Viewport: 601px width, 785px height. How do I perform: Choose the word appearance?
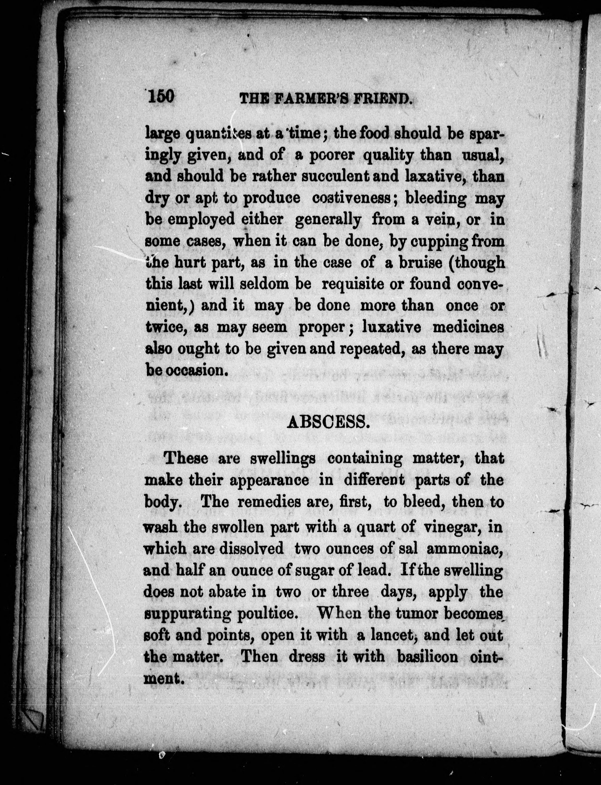pos(269,480)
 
